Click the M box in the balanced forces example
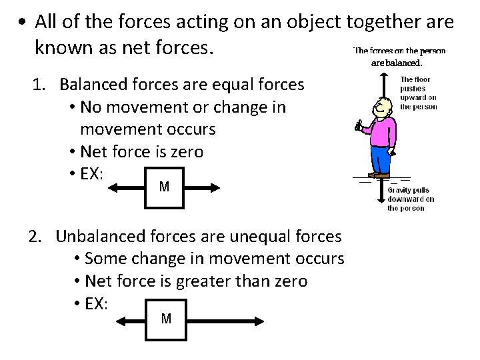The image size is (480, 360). pyautogui.click(x=165, y=187)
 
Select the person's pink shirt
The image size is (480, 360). pyautogui.click(x=382, y=130)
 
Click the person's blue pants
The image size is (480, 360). pyautogui.click(x=381, y=159)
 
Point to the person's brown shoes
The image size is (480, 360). pyautogui.click(x=379, y=177)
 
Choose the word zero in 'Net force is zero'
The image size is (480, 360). pyautogui.click(x=187, y=152)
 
